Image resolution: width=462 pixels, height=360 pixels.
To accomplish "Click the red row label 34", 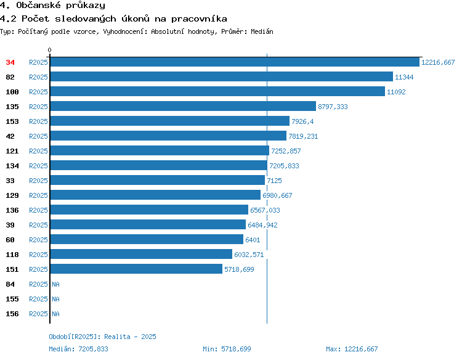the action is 10,62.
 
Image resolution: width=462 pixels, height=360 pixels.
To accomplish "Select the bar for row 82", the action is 222,76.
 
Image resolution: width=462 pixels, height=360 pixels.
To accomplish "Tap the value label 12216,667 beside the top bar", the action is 438,62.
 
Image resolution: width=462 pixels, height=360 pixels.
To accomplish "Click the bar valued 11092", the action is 217,91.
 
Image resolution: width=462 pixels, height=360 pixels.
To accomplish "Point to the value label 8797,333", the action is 333,107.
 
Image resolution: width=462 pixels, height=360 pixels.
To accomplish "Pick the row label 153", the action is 12,121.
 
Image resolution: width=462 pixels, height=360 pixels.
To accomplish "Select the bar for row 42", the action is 168,136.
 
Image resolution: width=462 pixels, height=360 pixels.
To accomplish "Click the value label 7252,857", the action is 286,151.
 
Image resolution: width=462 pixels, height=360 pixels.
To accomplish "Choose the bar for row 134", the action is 159,165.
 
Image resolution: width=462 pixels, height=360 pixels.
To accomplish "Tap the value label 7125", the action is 274,181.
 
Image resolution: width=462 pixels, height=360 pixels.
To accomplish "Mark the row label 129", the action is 12,195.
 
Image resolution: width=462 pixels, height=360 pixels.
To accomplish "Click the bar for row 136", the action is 149,210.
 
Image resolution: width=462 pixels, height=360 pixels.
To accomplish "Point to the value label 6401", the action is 253,240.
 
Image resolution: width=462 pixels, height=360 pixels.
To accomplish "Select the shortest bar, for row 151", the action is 136,269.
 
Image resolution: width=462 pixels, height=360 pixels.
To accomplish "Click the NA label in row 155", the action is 55,299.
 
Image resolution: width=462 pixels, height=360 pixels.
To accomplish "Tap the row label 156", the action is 12,314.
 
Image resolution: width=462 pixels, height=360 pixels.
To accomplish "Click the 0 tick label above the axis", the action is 49,50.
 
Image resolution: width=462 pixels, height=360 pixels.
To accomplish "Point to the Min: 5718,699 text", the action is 227,349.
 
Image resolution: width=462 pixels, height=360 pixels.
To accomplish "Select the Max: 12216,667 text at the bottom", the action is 352,349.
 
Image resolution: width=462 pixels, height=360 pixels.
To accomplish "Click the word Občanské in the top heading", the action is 38,6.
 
